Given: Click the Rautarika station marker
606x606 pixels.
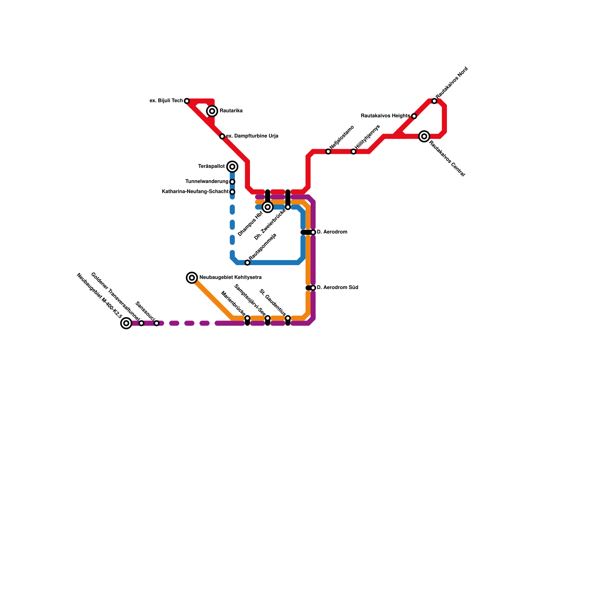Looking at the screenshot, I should (212, 111).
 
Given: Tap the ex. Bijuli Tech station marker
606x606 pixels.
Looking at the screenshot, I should (187, 101).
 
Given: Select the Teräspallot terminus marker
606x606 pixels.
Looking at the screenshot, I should (233, 167).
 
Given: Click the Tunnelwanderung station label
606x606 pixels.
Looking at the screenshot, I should (207, 182).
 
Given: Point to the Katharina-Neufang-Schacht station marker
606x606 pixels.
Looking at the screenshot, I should (233, 192).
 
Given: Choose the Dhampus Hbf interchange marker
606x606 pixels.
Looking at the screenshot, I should (268, 207).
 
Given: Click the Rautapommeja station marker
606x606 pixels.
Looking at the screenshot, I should (247, 263).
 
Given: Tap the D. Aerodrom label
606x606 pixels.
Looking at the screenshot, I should (332, 232).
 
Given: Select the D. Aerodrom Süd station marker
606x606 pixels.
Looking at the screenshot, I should (313, 288).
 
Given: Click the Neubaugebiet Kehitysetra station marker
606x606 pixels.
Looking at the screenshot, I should (192, 278).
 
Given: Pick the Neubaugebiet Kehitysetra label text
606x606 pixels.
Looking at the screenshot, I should (230, 278).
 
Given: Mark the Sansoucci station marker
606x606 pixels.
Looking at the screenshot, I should (156, 323).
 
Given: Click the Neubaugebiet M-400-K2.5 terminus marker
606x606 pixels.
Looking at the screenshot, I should (126, 323).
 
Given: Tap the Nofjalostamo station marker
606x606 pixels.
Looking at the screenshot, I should (328, 151).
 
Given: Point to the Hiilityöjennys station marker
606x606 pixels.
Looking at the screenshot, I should (353, 151).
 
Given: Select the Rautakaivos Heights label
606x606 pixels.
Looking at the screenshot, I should (385, 116).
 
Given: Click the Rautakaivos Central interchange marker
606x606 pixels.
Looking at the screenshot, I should (425, 136).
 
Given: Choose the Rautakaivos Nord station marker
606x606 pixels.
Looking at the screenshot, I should (434, 101).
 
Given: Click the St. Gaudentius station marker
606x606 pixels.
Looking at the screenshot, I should (288, 319).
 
